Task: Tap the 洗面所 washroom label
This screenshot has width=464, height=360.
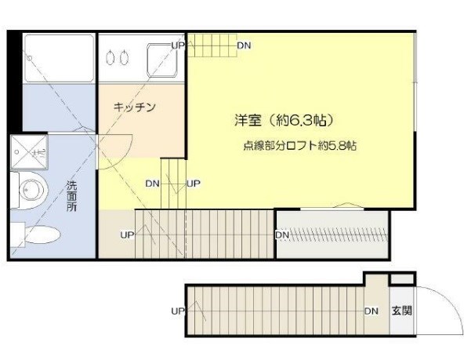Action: click(71, 199)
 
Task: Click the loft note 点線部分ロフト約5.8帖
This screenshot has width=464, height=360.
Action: click(299, 146)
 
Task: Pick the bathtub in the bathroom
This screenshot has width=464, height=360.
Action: click(58, 57)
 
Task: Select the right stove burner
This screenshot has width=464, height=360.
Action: click(124, 57)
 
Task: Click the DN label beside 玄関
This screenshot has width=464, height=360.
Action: click(371, 310)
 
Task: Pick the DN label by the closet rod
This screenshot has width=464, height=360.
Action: click(283, 235)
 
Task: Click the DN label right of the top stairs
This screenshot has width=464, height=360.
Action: click(245, 45)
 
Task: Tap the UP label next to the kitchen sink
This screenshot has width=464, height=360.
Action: click(178, 45)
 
